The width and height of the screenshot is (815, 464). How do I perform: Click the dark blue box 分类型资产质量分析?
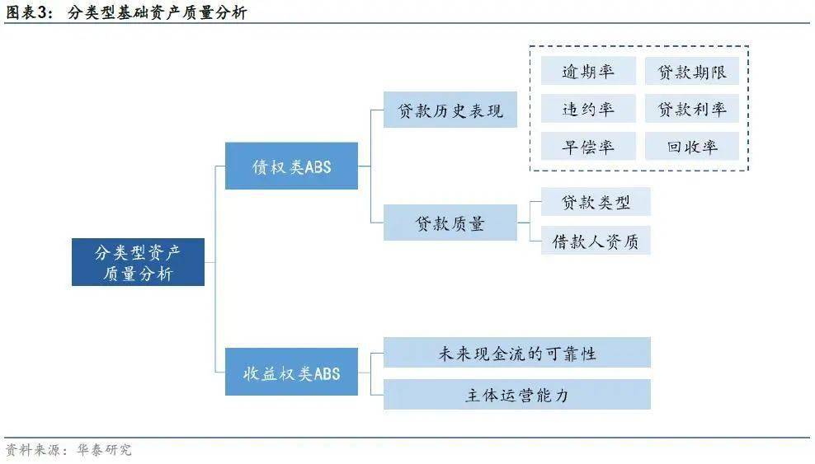tap(138, 262)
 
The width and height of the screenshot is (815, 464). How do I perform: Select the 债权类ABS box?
tap(291, 166)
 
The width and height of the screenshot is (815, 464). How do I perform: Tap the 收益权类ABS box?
tap(291, 373)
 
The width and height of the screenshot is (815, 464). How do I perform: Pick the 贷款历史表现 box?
tap(450, 110)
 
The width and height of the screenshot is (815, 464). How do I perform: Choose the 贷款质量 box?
tap(450, 223)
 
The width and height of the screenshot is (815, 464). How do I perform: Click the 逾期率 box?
tap(588, 71)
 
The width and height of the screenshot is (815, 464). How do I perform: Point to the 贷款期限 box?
tap(692, 71)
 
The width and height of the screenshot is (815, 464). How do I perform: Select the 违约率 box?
tap(588, 109)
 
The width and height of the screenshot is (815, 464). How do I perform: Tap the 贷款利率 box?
tap(692, 109)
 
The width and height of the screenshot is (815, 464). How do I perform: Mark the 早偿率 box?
tap(588, 147)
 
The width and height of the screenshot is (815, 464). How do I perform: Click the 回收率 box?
tap(692, 147)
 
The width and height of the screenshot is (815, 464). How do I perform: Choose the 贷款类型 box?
tap(596, 202)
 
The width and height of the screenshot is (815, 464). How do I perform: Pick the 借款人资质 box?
tap(596, 241)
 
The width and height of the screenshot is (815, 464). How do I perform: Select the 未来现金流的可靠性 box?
tap(517, 353)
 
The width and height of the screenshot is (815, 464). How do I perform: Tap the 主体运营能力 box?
tap(517, 395)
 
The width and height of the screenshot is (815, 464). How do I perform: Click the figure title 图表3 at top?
tap(28, 12)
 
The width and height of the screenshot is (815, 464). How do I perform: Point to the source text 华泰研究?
tap(105, 449)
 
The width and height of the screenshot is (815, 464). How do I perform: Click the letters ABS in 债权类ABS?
tap(318, 167)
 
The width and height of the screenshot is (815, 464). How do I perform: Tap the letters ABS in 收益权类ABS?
tap(327, 373)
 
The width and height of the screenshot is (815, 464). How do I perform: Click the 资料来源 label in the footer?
tap(32, 449)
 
